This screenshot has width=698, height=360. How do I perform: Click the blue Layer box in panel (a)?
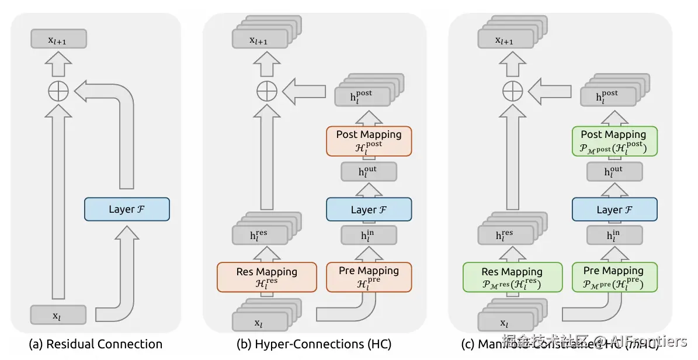pos(127,209)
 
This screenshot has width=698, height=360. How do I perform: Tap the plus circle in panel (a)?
pos(58,91)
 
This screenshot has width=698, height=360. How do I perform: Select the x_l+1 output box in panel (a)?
pos(58,39)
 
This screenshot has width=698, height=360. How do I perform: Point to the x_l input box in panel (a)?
pos(58,315)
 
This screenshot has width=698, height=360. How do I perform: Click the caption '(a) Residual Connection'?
pos(96,344)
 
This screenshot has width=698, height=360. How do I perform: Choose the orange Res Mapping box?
pos(266,277)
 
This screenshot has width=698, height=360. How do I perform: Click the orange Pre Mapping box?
pos(369,276)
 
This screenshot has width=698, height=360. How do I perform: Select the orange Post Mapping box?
pos(369,141)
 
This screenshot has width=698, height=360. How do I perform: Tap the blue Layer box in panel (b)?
pos(369,209)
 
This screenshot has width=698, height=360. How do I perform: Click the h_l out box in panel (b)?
pos(369,171)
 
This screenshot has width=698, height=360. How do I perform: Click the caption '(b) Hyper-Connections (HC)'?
pos(314,344)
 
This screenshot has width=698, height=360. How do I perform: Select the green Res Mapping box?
pos(512,277)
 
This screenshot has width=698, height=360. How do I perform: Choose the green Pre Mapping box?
pos(614,276)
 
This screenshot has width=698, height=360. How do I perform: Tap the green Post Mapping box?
pos(614,141)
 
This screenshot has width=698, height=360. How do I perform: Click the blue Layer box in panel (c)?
pos(614,209)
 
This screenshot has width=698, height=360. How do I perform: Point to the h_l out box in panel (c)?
pos(614,171)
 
